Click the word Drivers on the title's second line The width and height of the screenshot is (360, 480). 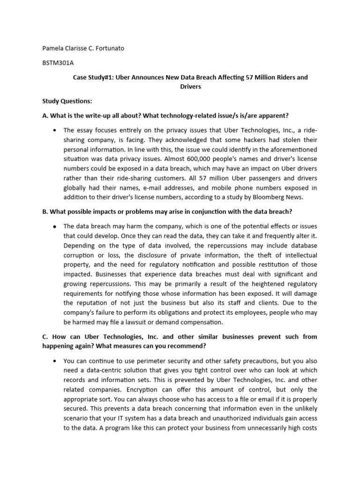[x=190, y=87]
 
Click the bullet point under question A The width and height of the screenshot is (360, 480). [x=55, y=130]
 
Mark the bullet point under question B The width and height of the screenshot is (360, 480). [x=55, y=226]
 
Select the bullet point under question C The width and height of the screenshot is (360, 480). [x=55, y=361]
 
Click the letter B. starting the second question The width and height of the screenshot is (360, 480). [x=45, y=211]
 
